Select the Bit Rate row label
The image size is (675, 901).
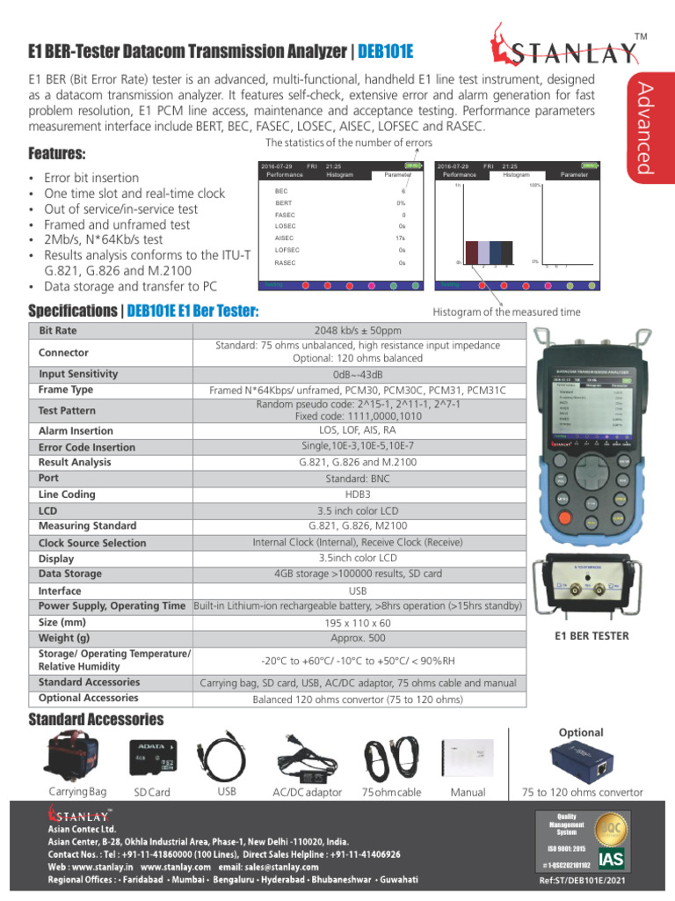point(58,331)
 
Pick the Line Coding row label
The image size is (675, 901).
point(67,494)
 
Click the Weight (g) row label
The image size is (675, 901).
point(64,638)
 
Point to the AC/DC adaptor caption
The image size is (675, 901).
point(307,793)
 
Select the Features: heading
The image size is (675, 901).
point(57,153)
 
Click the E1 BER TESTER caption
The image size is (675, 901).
point(592,634)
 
